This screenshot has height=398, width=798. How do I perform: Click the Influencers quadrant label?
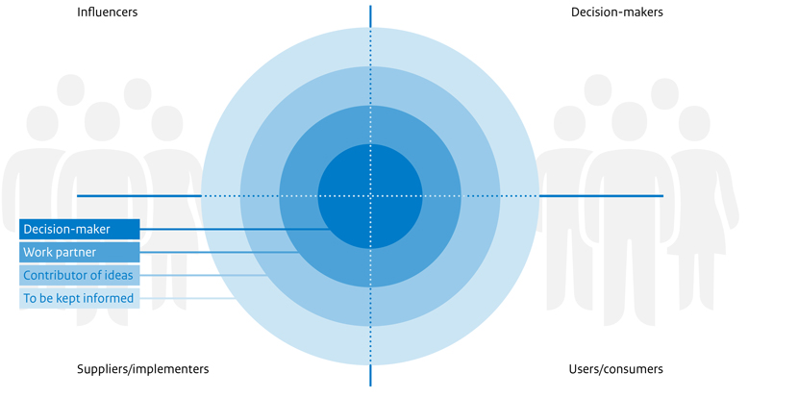click(x=108, y=12)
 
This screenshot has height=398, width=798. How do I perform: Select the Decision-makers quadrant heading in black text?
click(x=617, y=12)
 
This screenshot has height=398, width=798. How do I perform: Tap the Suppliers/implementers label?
click(x=143, y=369)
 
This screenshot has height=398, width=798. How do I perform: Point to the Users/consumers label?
click(x=615, y=369)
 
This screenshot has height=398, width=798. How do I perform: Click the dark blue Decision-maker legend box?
click(x=80, y=229)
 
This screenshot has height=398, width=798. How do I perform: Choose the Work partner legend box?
click(x=80, y=252)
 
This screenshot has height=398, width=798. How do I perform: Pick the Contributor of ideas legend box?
click(x=80, y=275)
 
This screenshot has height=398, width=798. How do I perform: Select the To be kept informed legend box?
click(x=80, y=298)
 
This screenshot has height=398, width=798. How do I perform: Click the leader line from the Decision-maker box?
click(x=236, y=229)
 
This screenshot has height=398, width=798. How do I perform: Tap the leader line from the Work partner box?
click(x=219, y=252)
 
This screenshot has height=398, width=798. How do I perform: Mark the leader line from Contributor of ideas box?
click(x=203, y=275)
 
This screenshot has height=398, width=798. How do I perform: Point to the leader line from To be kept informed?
click(x=187, y=298)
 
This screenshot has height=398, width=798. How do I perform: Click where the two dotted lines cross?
click(x=370, y=196)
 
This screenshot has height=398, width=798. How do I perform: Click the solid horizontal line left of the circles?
click(x=139, y=196)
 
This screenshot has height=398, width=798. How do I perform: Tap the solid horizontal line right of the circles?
click(x=601, y=196)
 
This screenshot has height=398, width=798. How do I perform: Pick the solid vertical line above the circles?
click(x=370, y=16)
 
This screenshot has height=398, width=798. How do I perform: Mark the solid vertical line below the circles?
click(x=370, y=376)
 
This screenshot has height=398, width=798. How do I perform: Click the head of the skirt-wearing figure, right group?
click(x=694, y=124)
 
